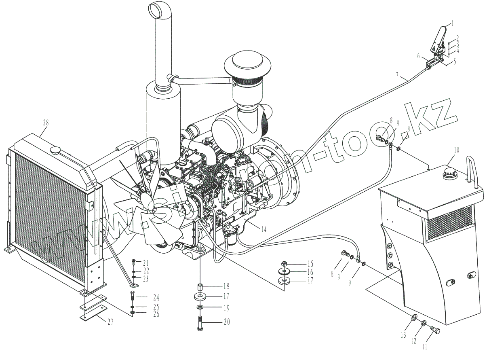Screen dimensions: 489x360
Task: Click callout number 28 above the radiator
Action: (45, 122)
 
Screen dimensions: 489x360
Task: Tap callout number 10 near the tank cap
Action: (456, 150)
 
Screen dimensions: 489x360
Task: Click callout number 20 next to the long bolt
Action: (226, 322)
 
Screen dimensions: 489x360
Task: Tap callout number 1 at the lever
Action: (453, 23)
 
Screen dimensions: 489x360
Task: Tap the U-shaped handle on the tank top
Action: (473, 172)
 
